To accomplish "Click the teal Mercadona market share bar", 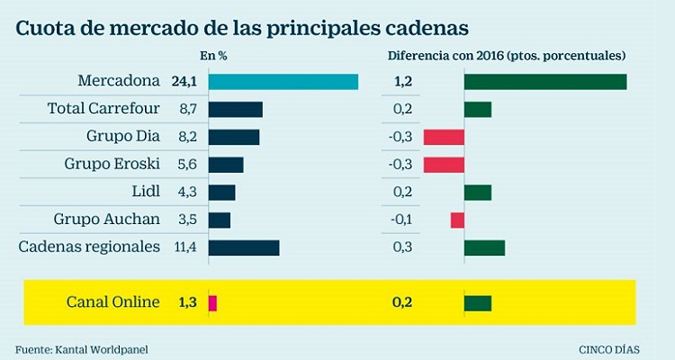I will [x=283, y=82].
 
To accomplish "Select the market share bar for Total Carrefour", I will [x=235, y=110].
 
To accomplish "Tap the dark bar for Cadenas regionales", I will [x=243, y=247].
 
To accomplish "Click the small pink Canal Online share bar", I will [x=212, y=303].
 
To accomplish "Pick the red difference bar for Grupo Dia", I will [x=443, y=137].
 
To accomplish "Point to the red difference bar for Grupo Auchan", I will [x=457, y=220].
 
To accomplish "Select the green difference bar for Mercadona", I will [x=544, y=82].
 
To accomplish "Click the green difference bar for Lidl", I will [x=477, y=192].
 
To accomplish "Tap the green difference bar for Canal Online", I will [x=477, y=303].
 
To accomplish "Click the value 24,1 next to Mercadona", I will [x=184, y=82].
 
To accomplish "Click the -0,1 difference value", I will [x=401, y=220].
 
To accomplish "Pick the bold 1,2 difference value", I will [x=403, y=82].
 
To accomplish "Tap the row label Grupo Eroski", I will [x=112, y=165].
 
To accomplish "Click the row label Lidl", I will [x=145, y=192].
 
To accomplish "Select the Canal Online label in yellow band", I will [x=112, y=303].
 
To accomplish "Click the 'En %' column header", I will [x=213, y=56].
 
